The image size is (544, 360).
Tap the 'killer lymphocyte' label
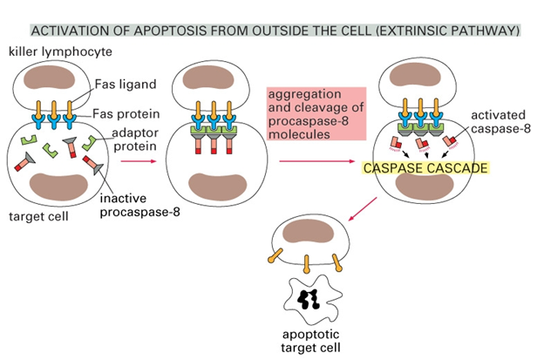60,52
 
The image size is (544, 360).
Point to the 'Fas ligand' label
126,85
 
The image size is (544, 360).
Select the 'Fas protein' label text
126,114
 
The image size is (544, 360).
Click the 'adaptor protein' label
135,139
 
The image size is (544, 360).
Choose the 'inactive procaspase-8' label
139,205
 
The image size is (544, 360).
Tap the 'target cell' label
38,216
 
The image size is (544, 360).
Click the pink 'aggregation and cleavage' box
316,114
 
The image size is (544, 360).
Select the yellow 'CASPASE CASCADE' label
425,168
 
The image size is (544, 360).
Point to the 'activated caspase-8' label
500,122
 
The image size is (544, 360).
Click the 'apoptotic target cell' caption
310,341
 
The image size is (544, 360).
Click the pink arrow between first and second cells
139,161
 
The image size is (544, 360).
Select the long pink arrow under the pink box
317,161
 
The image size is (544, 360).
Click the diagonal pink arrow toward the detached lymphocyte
363,209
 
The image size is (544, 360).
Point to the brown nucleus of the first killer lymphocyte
50,78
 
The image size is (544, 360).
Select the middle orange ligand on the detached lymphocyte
307,264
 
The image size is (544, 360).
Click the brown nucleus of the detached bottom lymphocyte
309,231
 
